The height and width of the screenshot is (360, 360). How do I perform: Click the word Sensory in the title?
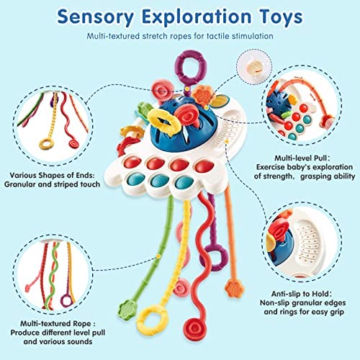pyautogui.click(x=96, y=17)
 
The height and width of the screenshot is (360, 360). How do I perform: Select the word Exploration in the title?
pyautogui.click(x=195, y=17)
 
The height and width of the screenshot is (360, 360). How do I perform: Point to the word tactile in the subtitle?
pyautogui.click(x=218, y=36)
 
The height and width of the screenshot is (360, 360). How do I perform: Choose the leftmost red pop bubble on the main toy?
pyautogui.click(x=132, y=163)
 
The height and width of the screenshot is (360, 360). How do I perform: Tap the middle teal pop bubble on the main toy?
pyautogui.click(x=159, y=181)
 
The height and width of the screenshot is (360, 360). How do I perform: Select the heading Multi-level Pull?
pyautogui.click(x=302, y=158)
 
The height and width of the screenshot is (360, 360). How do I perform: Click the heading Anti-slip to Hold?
pyautogui.click(x=302, y=294)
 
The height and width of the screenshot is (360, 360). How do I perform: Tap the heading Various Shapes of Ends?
pyautogui.click(x=52, y=176)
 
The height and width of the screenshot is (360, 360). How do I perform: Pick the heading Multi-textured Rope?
pyautogui.click(x=58, y=324)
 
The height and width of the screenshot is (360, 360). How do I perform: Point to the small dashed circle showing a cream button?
pyautogui.click(x=254, y=66)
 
